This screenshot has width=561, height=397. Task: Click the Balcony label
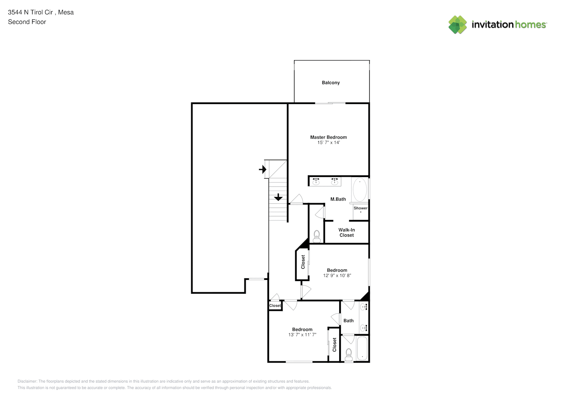(330, 83)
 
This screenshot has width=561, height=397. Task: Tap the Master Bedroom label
(328, 137)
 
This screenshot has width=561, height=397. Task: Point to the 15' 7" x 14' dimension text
(328, 143)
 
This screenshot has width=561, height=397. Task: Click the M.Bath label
(338, 199)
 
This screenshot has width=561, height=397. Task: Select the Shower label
(360, 208)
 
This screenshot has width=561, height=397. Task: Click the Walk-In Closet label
(346, 233)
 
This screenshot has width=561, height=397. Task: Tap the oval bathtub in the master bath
(359, 189)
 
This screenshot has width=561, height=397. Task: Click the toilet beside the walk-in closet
(317, 237)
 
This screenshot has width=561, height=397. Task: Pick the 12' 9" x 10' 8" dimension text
(337, 276)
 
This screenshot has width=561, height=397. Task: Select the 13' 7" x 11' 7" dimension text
(302, 335)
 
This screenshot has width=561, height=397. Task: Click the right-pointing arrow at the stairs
(263, 170)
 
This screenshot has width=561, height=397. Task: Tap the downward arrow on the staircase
(278, 197)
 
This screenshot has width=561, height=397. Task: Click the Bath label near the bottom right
(348, 321)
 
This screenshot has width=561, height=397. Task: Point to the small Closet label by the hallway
(275, 306)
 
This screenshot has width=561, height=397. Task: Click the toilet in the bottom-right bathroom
(348, 355)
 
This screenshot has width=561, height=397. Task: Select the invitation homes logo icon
(457, 25)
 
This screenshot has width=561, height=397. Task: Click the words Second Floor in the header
(27, 22)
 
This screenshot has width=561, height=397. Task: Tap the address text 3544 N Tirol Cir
(30, 12)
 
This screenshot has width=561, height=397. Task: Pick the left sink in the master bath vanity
(316, 181)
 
